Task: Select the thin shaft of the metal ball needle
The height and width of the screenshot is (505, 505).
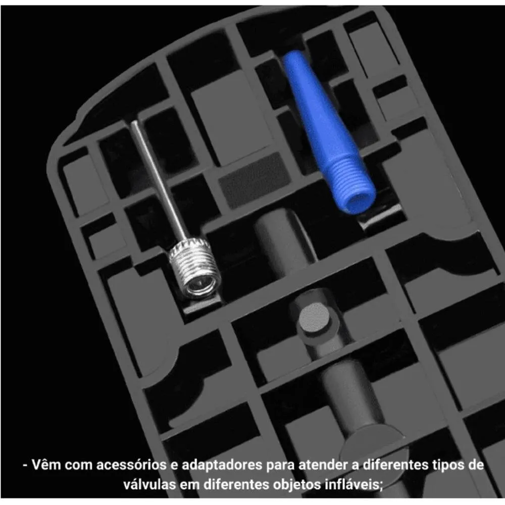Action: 158,180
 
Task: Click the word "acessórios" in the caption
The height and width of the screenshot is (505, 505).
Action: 131,465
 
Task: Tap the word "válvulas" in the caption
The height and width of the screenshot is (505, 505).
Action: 149,484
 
